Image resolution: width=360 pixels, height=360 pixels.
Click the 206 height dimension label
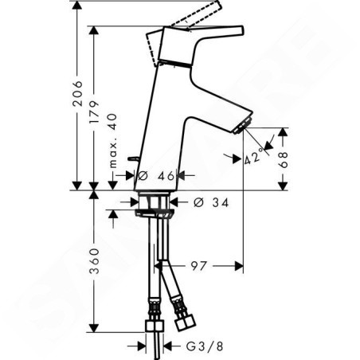click(77, 94)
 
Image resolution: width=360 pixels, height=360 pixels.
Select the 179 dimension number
click(94, 112)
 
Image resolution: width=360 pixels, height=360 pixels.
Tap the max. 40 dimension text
click(113, 141)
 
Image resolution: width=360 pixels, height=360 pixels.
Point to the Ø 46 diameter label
click(156, 175)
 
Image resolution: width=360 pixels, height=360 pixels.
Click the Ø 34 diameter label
click(211, 202)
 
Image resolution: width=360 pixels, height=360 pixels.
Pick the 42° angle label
click(253, 158)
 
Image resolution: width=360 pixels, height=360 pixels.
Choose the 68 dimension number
click(284, 159)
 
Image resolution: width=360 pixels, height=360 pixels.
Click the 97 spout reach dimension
click(198, 266)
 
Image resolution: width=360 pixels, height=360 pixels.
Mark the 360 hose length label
click(94, 261)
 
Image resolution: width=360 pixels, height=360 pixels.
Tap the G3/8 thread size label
click(205, 346)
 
